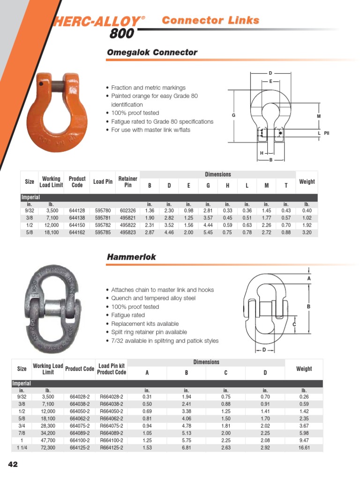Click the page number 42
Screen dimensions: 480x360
[x=12, y=465]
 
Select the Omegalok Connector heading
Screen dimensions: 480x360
[x=152, y=52]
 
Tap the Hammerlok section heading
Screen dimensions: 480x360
[x=131, y=257]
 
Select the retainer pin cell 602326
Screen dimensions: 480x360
[x=127, y=211]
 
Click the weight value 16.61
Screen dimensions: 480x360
[x=304, y=448]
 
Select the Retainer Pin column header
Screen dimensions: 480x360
[x=127, y=182]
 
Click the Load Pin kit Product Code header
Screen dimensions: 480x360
[x=111, y=369]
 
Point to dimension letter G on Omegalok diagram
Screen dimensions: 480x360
[x=233, y=115]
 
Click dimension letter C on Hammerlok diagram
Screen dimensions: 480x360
[x=294, y=324]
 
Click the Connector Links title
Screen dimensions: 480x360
[x=210, y=20]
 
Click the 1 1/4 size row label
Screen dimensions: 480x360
[x=22, y=448]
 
